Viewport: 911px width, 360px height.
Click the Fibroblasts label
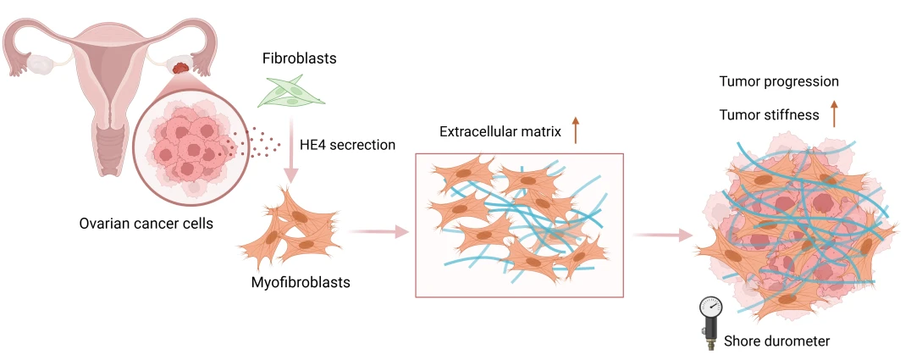[300, 59]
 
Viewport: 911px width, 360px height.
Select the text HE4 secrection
[347, 145]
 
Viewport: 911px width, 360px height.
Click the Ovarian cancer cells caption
[146, 224]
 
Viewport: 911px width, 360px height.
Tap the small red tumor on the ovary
[179, 66]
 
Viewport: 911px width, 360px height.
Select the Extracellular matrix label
[500, 132]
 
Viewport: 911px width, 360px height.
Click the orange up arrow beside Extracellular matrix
[576, 130]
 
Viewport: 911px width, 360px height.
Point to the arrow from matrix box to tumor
[663, 235]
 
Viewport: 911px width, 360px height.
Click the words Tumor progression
[779, 82]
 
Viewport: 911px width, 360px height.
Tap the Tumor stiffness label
[769, 114]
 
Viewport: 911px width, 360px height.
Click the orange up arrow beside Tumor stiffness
[834, 113]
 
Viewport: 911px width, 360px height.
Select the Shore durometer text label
[776, 341]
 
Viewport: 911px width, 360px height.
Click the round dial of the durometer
[710, 306]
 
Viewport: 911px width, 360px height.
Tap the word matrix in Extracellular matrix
[542, 132]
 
